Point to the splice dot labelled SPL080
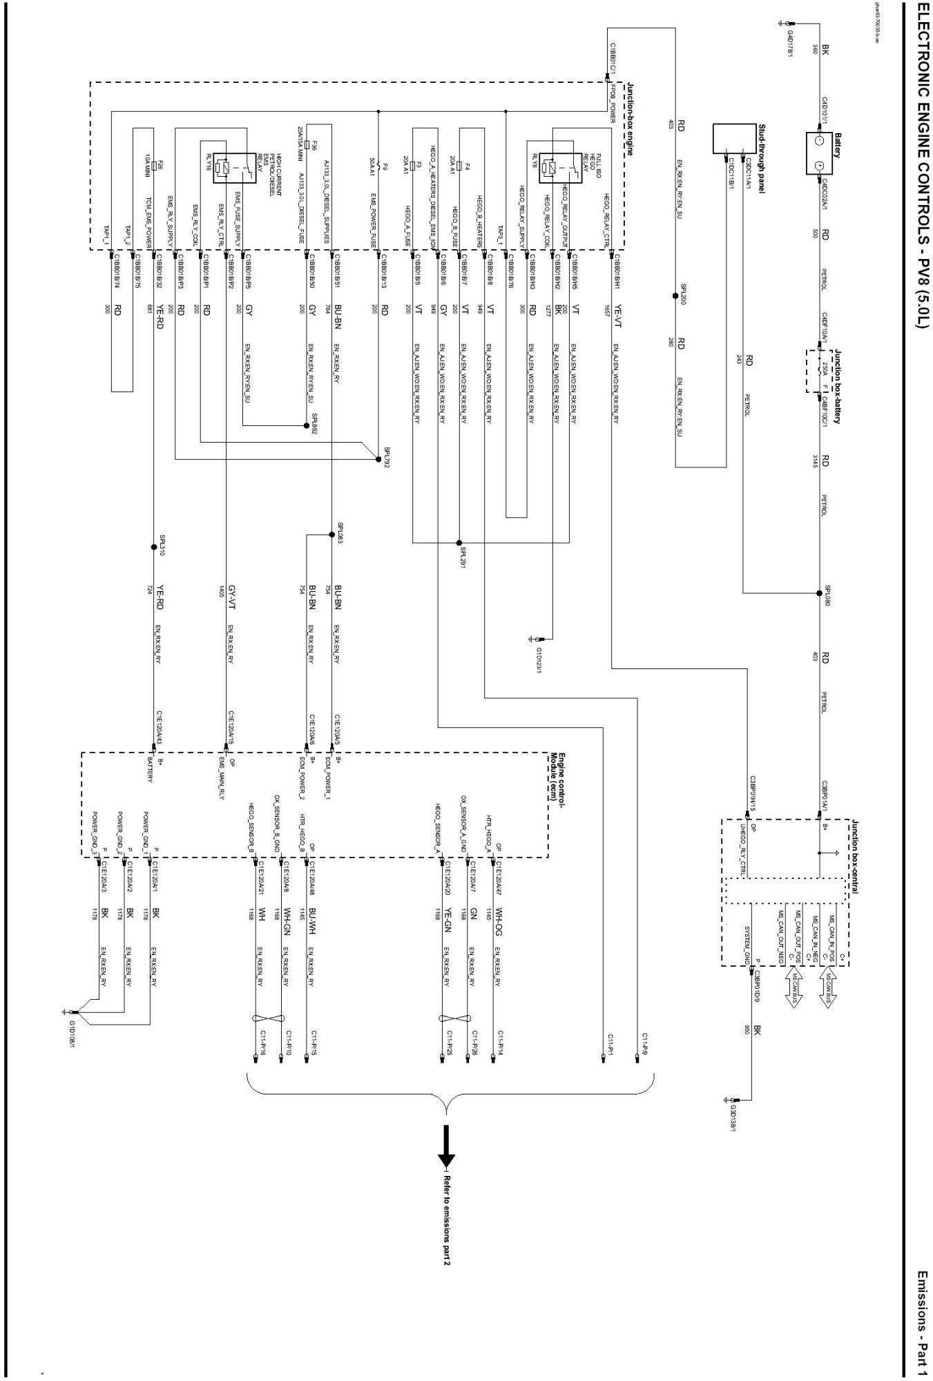coord(818,592)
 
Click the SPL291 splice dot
coord(459,542)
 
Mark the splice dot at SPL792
coord(378,458)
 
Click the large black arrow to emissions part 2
coord(447,1144)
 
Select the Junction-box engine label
coord(629,118)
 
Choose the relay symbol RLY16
coord(222,166)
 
